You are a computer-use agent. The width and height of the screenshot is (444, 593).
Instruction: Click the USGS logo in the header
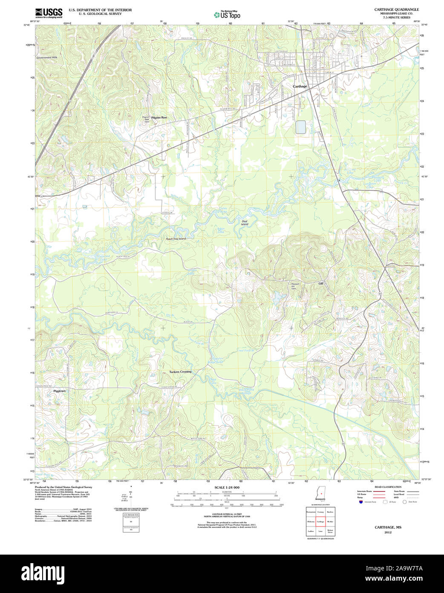click(49, 12)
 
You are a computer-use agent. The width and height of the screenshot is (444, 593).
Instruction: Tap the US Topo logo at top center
click(227, 15)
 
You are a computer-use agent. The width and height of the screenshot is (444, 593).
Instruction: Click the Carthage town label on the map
click(300, 86)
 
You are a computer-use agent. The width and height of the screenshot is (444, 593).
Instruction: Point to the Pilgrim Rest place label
click(159, 117)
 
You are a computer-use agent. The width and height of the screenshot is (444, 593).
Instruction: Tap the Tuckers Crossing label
click(180, 372)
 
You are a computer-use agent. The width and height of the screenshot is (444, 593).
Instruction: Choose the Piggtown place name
click(60, 391)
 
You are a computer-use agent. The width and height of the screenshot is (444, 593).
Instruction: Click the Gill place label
click(321, 283)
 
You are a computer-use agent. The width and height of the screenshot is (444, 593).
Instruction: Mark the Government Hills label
click(46, 58)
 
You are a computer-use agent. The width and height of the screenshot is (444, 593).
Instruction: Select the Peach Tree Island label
click(176, 239)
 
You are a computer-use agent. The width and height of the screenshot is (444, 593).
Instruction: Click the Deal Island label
click(245, 223)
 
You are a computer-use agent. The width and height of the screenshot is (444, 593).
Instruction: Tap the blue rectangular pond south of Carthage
click(300, 127)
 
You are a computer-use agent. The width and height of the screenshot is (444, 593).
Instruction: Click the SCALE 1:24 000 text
click(227, 487)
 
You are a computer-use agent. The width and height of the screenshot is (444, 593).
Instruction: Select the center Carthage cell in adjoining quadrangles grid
click(320, 521)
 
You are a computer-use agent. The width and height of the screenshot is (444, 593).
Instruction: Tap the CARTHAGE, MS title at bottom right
click(388, 527)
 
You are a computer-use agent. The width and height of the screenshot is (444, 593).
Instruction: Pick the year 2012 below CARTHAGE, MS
click(388, 532)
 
